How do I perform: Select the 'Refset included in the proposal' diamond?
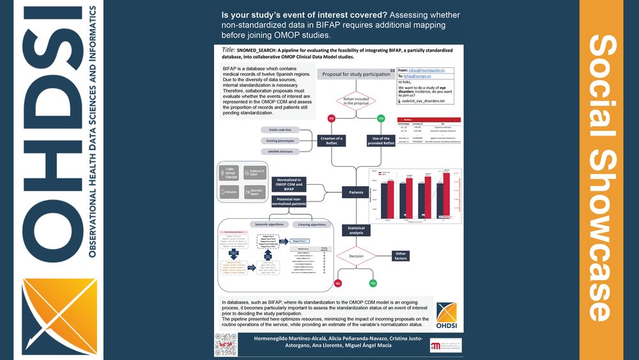tap(356, 100)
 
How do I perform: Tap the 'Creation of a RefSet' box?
tap(331, 140)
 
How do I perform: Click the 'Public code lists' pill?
tap(281, 130)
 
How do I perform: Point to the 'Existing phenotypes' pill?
tap(281, 141)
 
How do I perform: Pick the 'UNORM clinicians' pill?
tap(281, 152)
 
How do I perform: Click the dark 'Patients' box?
tap(356, 191)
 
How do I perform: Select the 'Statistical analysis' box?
tap(356, 231)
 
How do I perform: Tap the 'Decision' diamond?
tap(356, 256)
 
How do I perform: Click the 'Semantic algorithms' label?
tap(269, 224)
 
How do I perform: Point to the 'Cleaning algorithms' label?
tap(313, 224)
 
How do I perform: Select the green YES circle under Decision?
tap(373, 283)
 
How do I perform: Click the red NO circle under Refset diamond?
tap(332, 118)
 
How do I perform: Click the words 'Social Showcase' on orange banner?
tap(601, 179)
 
